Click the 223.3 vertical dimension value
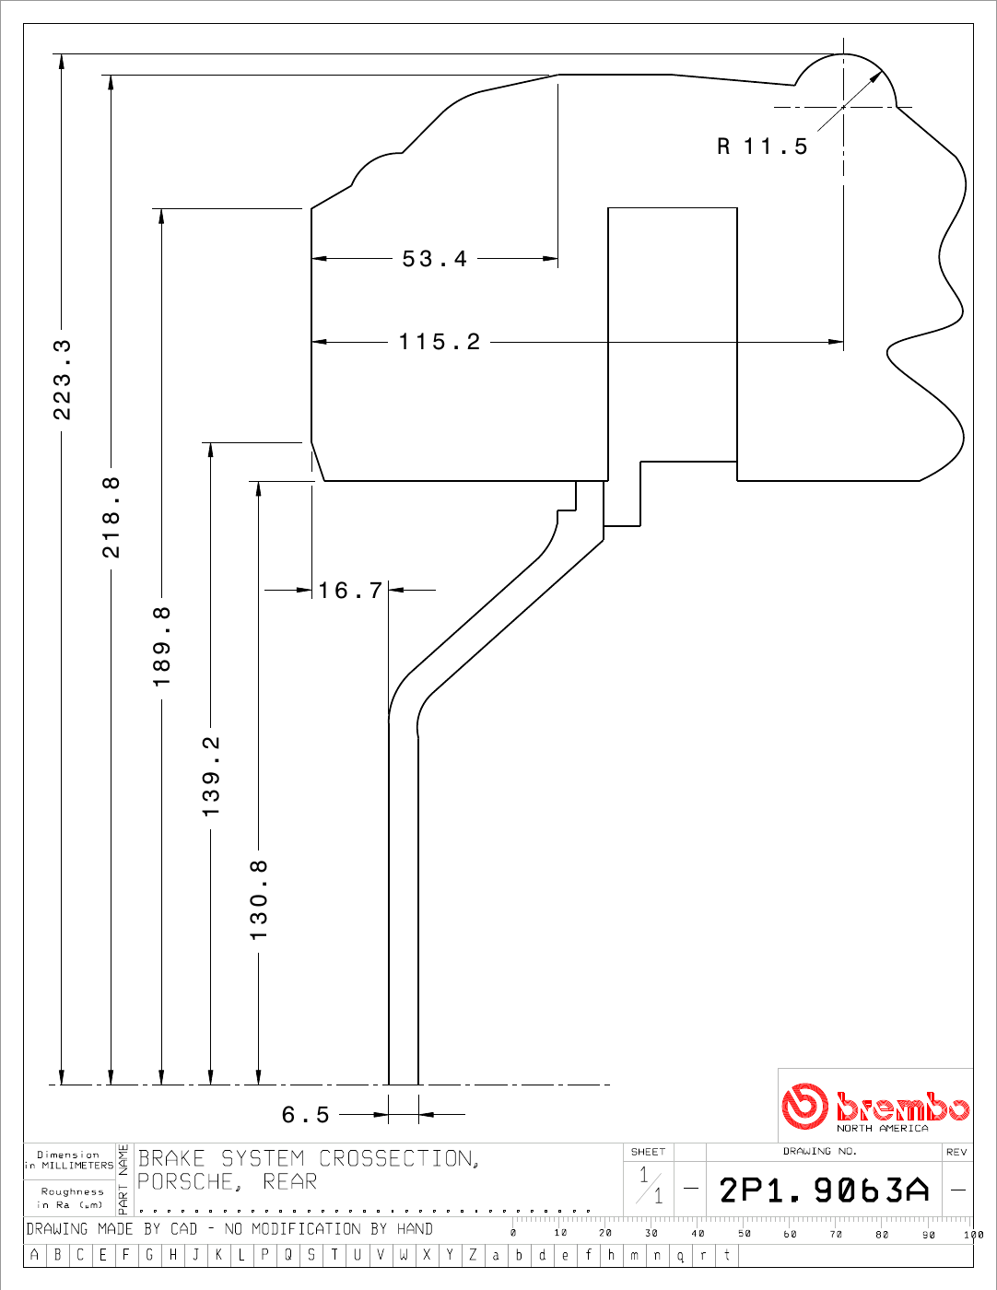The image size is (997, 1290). pos(62,380)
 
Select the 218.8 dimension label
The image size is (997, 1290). pos(111,517)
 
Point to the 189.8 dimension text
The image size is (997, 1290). pos(161,647)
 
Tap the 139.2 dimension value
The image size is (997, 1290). pos(211,777)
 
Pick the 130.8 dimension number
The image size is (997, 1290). pos(259,899)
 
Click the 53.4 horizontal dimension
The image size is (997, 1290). pos(434,259)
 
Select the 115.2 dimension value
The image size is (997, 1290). pos(440,342)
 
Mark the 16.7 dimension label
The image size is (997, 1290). pos(350,591)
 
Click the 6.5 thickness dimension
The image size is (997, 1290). pos(305,1115)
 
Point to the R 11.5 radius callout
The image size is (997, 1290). pos(763,146)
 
